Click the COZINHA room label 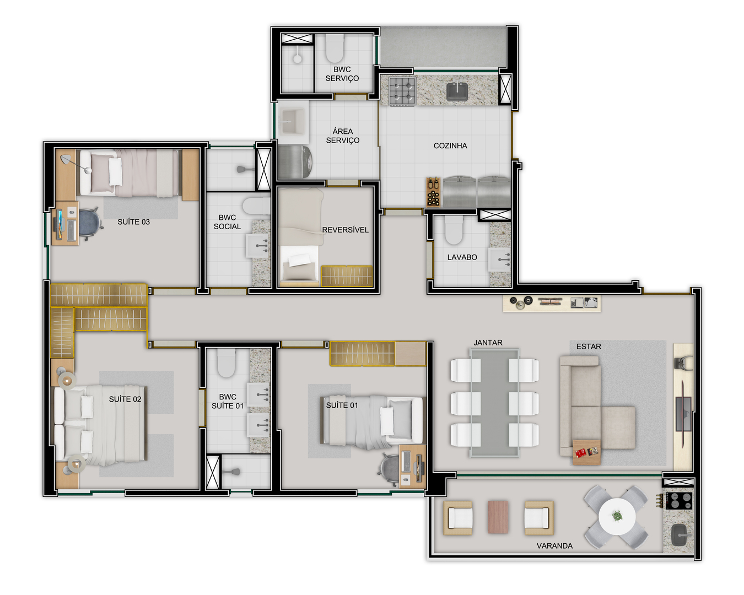click(450, 145)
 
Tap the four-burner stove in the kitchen click(402, 90)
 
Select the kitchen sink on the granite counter click(457, 91)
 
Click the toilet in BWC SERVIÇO click(335, 48)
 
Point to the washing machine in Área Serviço click(295, 162)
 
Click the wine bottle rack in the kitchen click(433, 192)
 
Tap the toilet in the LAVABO click(453, 230)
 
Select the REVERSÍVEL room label click(345, 230)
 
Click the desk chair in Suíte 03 click(90, 224)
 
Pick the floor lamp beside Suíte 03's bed click(76, 164)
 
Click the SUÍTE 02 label click(125, 399)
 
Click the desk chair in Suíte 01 click(390, 466)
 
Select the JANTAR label click(488, 343)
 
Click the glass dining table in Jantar click(494, 402)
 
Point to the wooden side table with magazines click(586, 452)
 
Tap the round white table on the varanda click(617, 517)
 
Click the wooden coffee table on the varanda click(498, 517)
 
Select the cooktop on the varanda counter click(679, 501)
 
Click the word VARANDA click(554, 546)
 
